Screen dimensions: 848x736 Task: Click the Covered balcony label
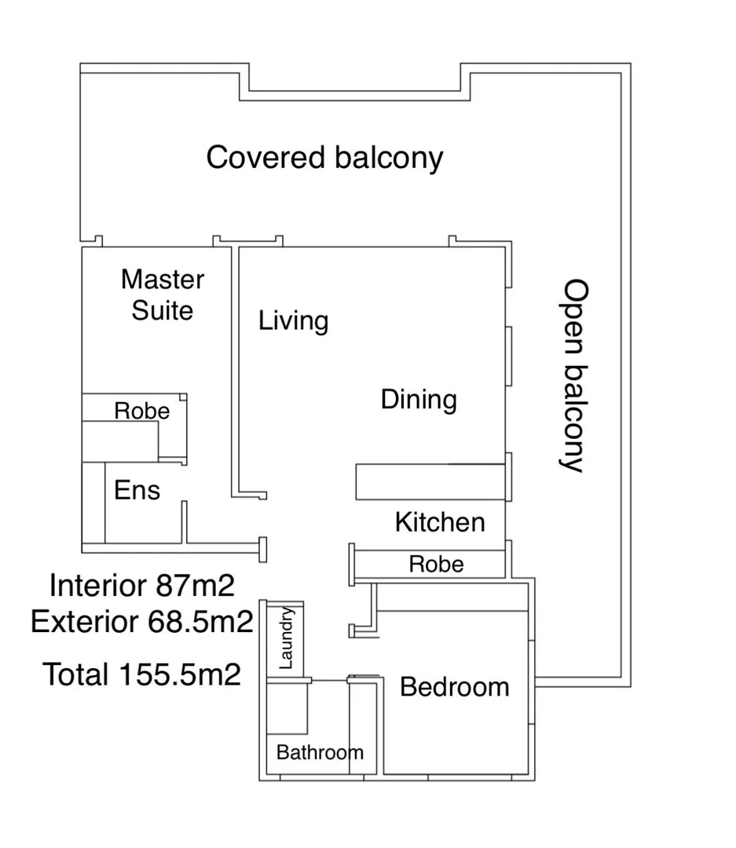(x=324, y=158)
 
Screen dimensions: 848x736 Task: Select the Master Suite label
(x=163, y=294)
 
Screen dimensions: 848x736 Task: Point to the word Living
(x=294, y=320)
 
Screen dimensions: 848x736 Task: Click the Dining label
(x=419, y=400)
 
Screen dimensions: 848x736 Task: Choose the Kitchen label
(x=440, y=522)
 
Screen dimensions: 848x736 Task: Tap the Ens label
(x=137, y=491)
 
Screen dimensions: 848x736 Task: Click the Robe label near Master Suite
(x=142, y=411)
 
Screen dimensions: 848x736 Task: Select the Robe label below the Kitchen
(x=437, y=564)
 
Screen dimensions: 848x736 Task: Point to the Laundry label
(x=286, y=638)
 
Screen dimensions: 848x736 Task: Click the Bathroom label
(x=320, y=752)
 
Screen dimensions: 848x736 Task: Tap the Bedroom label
(x=455, y=687)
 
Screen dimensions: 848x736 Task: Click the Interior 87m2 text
(x=142, y=585)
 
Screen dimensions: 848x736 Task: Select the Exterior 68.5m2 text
(x=142, y=623)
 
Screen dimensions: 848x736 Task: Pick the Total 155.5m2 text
(x=142, y=674)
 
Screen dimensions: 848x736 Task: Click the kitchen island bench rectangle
(x=429, y=481)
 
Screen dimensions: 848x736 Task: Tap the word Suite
(x=163, y=310)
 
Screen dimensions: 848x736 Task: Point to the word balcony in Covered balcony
(x=389, y=159)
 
